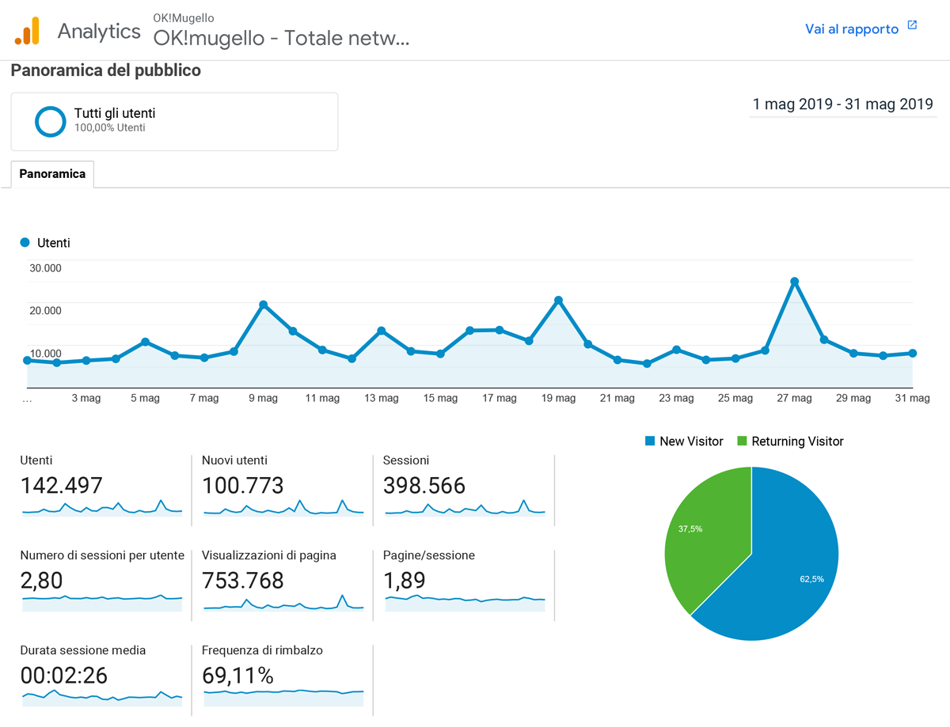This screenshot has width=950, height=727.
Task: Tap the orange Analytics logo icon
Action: coord(27,30)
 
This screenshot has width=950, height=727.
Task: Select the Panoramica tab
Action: coord(52,174)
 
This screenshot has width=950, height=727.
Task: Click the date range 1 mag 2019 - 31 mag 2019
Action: coord(842,104)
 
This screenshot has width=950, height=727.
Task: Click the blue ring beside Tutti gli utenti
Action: coord(51,121)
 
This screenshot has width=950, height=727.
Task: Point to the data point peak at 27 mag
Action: coord(794,282)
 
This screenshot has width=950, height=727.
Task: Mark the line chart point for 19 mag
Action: coord(558,301)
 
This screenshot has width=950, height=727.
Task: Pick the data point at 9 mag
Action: coord(263,305)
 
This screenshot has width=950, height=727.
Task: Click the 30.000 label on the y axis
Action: coord(45,267)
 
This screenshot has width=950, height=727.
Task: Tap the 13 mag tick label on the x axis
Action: coord(381,399)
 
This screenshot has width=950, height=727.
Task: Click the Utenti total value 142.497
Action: coord(62,485)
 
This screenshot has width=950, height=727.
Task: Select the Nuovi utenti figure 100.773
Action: coord(242,485)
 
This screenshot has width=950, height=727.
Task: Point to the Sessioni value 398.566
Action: coord(424,485)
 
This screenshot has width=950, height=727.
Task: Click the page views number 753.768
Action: coord(242,580)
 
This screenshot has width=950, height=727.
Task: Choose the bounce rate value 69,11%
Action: coord(237,675)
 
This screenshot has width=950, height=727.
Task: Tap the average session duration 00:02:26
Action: coord(64,675)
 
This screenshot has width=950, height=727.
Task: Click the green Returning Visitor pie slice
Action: coord(705,530)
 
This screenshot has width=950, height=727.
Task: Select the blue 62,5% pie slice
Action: coord(784,570)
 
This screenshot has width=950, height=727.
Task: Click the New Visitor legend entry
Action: coord(685,441)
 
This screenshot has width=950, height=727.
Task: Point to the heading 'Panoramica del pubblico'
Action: coord(106,70)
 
